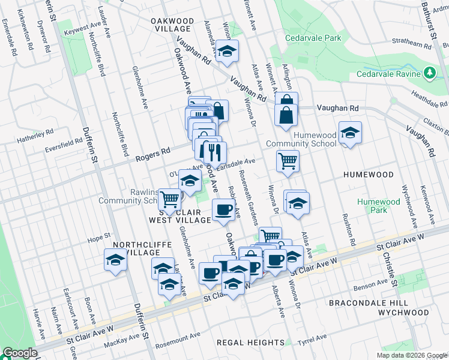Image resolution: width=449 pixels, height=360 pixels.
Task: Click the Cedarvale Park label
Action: [x=313, y=38]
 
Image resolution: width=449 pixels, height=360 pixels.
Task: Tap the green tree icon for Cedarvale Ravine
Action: [x=429, y=73]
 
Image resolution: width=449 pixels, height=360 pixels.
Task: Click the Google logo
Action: [x=20, y=353]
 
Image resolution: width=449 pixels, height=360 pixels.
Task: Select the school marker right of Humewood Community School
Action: [x=350, y=134]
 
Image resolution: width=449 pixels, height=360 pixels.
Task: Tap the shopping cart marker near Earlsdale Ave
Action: [x=288, y=161]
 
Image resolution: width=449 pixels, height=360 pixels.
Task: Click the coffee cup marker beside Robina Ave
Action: [x=224, y=210]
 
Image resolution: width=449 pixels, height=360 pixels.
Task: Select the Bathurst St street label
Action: [x=429, y=24]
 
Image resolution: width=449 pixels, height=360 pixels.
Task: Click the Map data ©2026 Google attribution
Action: [x=411, y=355]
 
